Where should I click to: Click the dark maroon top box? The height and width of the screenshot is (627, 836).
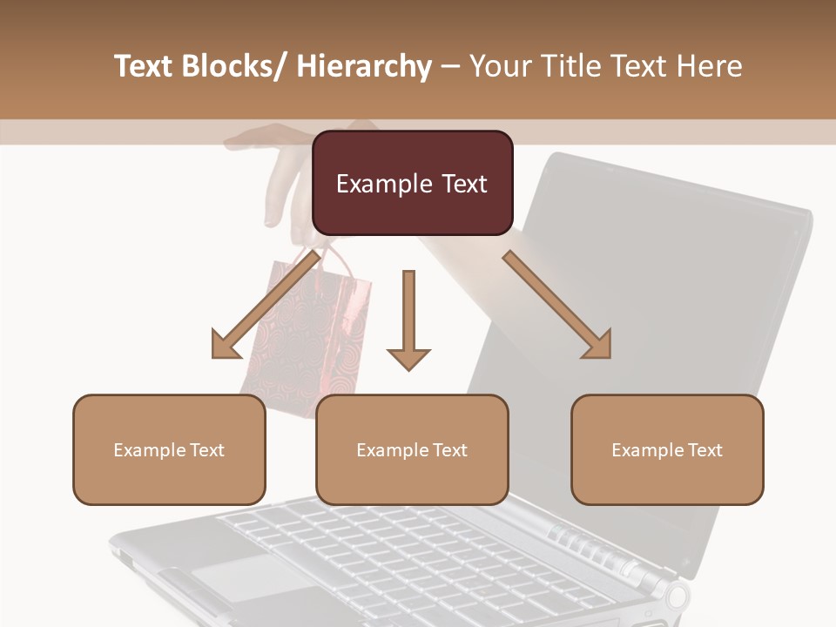tap(412, 183)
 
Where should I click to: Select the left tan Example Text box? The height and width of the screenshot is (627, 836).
tap(169, 449)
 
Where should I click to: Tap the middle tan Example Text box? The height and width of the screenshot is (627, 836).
tap(412, 449)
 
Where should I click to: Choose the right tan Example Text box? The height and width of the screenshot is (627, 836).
tap(667, 449)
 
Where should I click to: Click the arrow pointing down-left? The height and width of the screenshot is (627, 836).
tap(261, 306)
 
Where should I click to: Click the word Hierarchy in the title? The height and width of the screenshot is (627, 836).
tap(364, 66)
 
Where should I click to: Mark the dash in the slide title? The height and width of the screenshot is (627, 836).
tap(450, 66)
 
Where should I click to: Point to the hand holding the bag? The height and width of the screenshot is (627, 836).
tap(279, 174)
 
